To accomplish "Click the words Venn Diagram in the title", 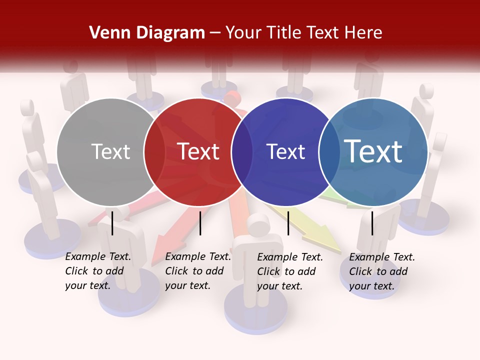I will point(147,33).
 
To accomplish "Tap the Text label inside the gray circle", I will point(110,151).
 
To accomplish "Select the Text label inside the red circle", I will point(198,151).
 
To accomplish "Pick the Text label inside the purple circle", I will point(285,151).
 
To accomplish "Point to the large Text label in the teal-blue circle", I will point(373,151).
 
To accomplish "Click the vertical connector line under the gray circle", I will point(112,223).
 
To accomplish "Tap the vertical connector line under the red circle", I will point(200,223).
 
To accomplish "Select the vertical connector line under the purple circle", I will point(288,223).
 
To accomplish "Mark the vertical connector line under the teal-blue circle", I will point(372,223).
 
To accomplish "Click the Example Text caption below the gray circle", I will point(98,271).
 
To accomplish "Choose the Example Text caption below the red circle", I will point(198,271).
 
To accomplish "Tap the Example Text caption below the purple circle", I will point(290,271).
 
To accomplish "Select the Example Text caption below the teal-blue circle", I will point(382,271).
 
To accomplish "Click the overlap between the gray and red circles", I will point(154,152).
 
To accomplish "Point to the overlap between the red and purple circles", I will point(242,152).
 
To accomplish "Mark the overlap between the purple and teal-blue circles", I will point(329,152).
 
